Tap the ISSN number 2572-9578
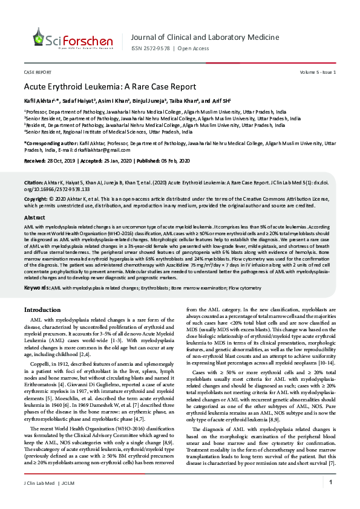pos(158,49)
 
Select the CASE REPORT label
pos(37,73)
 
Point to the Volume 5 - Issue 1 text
pos(318,73)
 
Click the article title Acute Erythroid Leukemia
pos(110,86)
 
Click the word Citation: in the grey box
pos(33,182)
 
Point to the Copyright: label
pos(36,198)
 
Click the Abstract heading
pos(34,216)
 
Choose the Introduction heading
pos(42,310)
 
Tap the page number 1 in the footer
pos(331,482)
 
